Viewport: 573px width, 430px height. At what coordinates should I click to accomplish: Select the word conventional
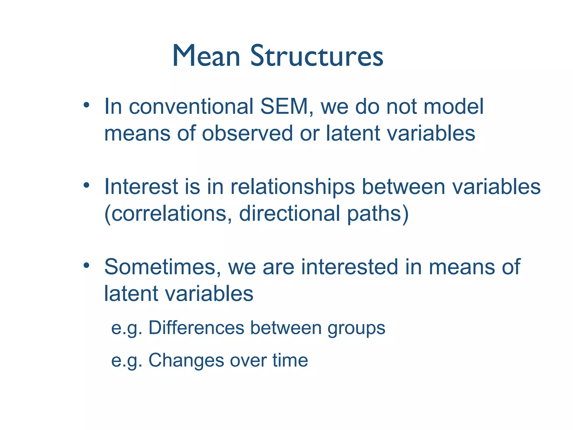coord(191,107)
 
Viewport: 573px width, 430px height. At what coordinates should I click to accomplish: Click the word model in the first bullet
coord(453,107)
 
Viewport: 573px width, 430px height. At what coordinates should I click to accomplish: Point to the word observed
coord(247,133)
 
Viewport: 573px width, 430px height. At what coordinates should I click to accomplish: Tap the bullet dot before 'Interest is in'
coord(86,185)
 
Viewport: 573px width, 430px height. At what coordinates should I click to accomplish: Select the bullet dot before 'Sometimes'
coord(86,265)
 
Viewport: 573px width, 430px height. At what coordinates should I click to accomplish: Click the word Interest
coord(141,187)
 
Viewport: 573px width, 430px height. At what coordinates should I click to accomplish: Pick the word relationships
coord(293,187)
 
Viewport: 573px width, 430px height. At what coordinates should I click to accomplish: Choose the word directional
coord(290,214)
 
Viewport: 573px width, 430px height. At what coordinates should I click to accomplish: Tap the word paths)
coord(378,214)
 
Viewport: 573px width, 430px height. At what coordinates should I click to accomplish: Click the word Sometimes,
coord(163,267)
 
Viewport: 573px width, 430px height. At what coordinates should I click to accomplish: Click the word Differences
coord(196,328)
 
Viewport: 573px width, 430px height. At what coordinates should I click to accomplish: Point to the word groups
coord(356,328)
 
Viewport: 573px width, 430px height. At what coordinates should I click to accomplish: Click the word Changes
coord(186,360)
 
